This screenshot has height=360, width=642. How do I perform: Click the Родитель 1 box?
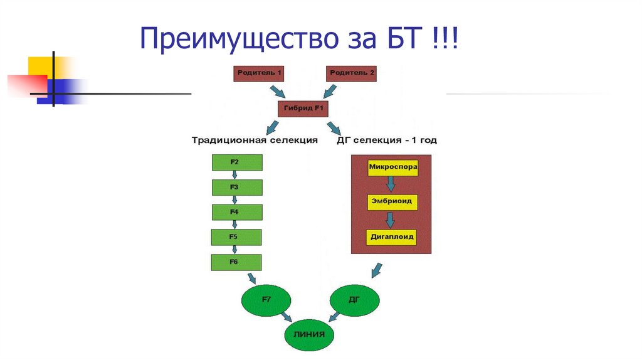(258, 73)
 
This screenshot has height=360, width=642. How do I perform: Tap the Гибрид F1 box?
(303, 109)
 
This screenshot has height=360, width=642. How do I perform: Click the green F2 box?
(236, 162)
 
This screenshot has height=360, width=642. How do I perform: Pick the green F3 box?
(236, 188)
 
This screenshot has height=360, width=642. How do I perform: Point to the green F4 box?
(236, 213)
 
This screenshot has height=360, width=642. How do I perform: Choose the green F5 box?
(236, 237)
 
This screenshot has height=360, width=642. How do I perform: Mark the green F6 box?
(236, 262)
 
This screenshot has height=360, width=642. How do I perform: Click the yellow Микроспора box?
(392, 168)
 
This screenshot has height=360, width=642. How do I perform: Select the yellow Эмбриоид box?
(392, 203)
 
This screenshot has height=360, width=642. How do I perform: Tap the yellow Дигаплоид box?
(392, 238)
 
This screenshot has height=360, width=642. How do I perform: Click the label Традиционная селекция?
(255, 140)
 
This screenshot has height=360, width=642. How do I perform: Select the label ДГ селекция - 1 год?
(387, 140)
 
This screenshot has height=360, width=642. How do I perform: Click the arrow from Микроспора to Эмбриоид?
(391, 184)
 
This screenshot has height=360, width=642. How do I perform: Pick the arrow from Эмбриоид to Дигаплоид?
(391, 220)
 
